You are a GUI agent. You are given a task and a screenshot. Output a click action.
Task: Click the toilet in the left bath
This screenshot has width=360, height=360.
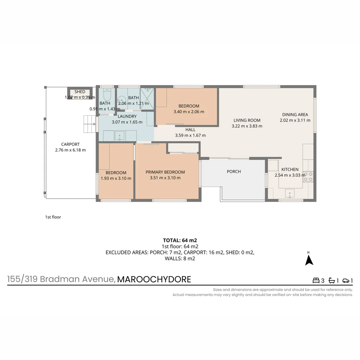click(x=107, y=96)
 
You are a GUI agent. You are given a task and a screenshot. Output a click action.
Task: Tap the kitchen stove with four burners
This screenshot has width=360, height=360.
click(x=308, y=176)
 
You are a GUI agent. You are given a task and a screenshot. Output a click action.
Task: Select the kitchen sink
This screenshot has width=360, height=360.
click(x=289, y=193)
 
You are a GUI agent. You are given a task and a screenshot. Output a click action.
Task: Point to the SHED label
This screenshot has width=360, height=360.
click(x=80, y=92)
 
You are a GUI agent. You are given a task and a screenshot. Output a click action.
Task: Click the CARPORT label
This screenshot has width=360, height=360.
click(x=70, y=144)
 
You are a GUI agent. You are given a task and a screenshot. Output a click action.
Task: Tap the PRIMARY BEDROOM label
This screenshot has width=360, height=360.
click(x=165, y=172)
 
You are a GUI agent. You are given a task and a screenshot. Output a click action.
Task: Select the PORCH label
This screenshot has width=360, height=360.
click(x=234, y=171)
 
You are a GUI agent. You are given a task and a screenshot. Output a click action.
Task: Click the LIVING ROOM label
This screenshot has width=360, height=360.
click(x=247, y=120)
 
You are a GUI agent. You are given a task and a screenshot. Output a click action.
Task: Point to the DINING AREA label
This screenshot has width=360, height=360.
click(x=295, y=115)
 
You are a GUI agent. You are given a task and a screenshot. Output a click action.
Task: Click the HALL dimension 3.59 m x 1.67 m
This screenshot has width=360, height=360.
click(x=190, y=135)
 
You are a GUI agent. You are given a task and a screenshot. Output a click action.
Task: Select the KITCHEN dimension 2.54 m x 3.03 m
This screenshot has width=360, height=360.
click(x=290, y=175)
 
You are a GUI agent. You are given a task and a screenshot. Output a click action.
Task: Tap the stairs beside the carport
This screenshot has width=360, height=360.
click(x=89, y=124)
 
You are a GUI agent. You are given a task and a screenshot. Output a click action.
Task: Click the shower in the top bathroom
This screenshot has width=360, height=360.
click(x=147, y=98)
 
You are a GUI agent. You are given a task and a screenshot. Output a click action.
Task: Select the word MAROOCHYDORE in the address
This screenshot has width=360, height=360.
click(x=154, y=279)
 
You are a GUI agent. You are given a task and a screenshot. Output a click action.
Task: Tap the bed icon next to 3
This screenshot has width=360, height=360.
click(x=315, y=281)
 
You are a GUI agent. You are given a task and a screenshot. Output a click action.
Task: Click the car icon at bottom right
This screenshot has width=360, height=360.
click(x=346, y=281)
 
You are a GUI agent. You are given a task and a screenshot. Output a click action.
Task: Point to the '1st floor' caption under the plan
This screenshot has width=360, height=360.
click(x=53, y=217)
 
